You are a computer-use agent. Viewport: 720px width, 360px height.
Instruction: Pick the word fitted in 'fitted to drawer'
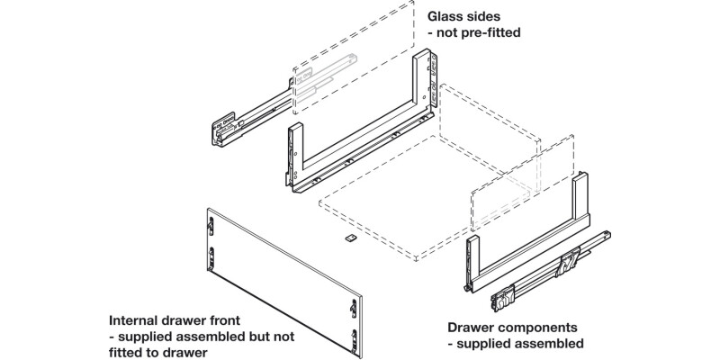coord(130,352)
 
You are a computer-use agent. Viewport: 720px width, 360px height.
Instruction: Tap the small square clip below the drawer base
coord(349,239)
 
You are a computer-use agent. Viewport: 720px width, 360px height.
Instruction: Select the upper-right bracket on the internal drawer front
coord(354,307)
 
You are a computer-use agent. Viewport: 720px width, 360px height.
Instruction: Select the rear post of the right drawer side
coord(582,198)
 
